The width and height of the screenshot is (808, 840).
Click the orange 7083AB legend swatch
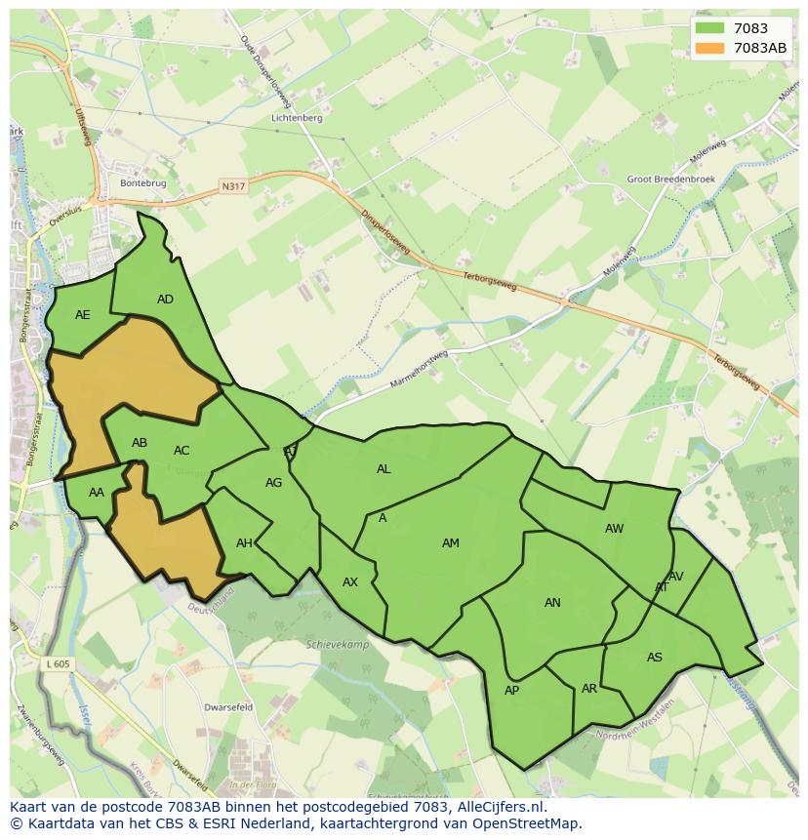[x=710, y=49]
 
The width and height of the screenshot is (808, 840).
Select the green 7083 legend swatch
[x=710, y=28]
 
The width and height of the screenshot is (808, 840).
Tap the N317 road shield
[x=233, y=186]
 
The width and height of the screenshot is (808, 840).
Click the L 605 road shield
[x=58, y=663]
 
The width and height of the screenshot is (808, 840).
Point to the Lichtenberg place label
[x=298, y=117]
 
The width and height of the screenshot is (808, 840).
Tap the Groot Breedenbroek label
[x=670, y=180]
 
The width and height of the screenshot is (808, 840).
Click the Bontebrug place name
[x=142, y=182]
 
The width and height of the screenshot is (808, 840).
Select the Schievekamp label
[x=335, y=645]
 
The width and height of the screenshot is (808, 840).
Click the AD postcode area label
[x=165, y=300]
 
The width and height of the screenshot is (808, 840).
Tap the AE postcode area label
[x=82, y=315]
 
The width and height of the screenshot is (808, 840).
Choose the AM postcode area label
[x=450, y=543]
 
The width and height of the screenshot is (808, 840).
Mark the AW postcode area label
[x=614, y=529]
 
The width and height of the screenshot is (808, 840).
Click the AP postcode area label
[x=511, y=691]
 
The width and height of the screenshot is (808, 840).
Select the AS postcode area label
[x=654, y=658]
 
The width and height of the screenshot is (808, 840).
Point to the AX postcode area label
[x=350, y=582]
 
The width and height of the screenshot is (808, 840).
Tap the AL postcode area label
[x=384, y=469]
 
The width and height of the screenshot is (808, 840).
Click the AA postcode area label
[x=96, y=493]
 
